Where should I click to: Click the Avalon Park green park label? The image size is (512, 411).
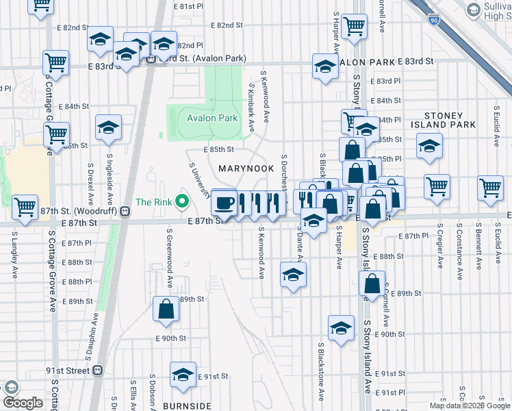click(x=212, y=118)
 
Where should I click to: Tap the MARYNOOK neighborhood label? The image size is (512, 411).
click(x=246, y=168)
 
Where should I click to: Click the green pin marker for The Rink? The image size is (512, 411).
click(x=181, y=201)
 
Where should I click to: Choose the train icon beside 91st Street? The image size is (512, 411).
click(x=98, y=371)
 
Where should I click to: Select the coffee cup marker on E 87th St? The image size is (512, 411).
click(x=224, y=203)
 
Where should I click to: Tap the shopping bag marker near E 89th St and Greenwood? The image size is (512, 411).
click(x=166, y=310)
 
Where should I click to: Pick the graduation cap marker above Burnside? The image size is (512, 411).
click(x=183, y=375)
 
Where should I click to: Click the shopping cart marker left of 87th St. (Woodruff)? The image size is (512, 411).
click(x=25, y=207)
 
